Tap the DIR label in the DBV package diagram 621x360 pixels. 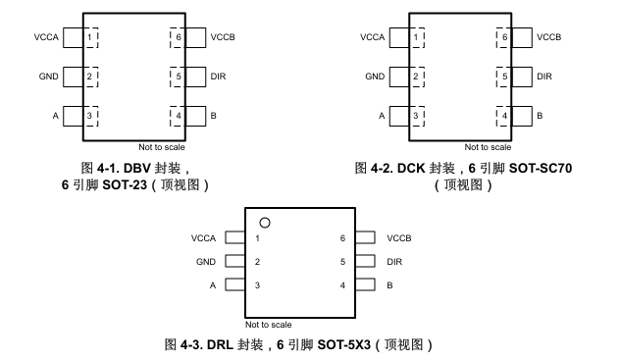coord(218,76)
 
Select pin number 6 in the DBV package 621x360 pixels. coord(178,37)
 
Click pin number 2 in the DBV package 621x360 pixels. coord(89,76)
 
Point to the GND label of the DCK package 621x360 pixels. coord(375,76)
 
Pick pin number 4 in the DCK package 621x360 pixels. coord(504,116)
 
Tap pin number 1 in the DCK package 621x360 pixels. coord(416,37)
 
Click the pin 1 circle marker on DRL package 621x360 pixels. coord(264,222)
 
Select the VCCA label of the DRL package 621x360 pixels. coord(205,238)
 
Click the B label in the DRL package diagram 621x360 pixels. coord(390,285)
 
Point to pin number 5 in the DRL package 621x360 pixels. coord(342,262)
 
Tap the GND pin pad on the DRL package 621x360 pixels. coord(233,262)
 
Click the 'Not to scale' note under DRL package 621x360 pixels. coord(268,324)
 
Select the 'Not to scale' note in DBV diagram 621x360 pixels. coord(161,147)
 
